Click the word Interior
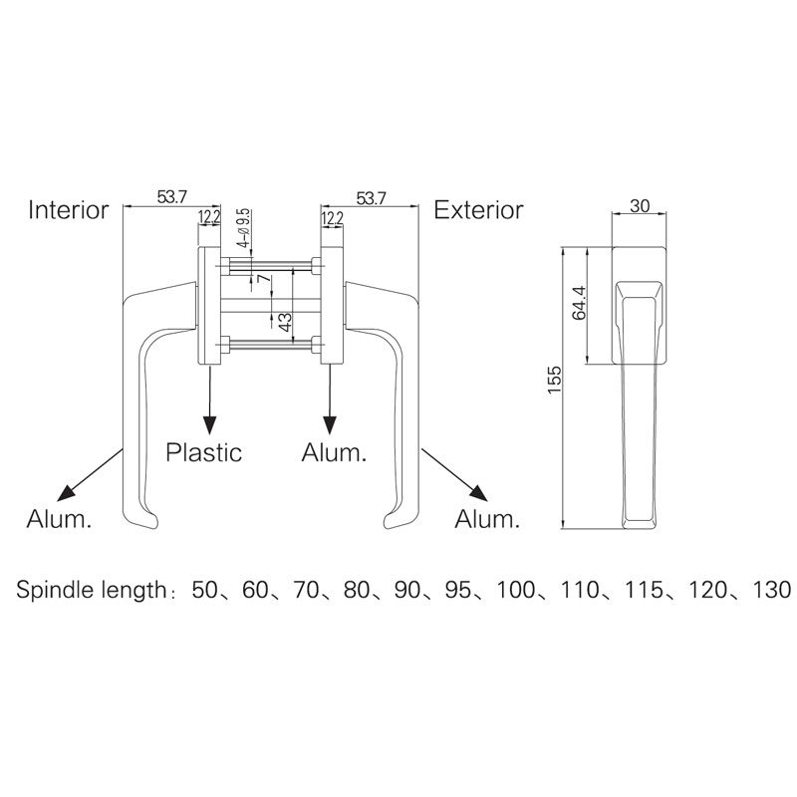click(68, 210)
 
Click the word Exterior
click(478, 210)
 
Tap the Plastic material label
click(203, 452)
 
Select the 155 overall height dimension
click(555, 383)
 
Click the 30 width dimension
click(641, 205)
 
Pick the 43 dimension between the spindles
click(285, 322)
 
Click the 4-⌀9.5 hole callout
click(242, 228)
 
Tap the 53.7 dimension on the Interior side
click(171, 197)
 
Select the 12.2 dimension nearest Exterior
click(332, 217)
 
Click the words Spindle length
click(90, 590)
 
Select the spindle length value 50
click(204, 589)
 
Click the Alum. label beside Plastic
click(334, 452)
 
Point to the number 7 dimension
click(263, 280)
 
